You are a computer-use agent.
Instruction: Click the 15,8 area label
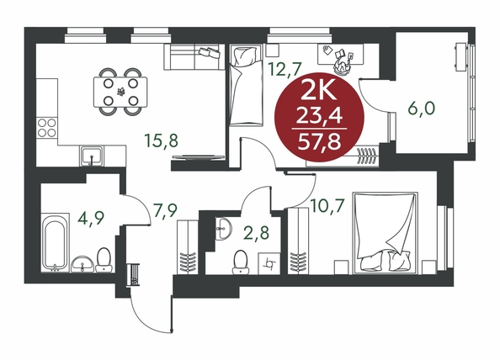point(161,140)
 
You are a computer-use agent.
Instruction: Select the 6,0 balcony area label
point(421,109)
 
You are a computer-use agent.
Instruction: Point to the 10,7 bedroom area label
point(328,205)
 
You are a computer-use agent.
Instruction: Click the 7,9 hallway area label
point(165,210)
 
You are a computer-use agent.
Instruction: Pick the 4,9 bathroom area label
point(91,218)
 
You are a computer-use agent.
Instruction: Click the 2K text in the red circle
point(319,92)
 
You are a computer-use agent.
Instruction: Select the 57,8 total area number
point(319,143)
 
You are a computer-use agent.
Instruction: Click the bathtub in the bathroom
point(56,242)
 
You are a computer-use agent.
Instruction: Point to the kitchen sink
point(92,156)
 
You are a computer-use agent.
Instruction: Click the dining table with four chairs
point(120,92)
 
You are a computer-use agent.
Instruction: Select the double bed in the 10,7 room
point(386,232)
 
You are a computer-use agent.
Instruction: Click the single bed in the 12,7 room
point(246,86)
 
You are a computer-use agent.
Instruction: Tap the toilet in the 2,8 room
point(240,262)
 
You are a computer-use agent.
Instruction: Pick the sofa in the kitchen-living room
point(194,56)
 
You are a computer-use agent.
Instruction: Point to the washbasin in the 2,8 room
point(224,229)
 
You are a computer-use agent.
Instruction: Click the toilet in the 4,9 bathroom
point(104,260)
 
